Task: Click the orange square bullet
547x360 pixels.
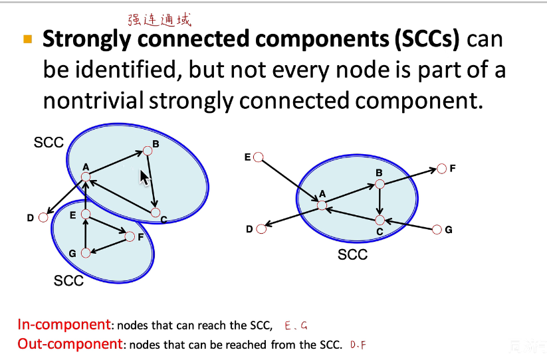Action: point(28,39)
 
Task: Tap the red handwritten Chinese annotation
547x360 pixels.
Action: point(160,21)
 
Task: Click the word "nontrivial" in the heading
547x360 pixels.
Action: point(93,100)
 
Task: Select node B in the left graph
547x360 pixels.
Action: point(148,151)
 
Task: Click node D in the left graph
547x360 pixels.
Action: point(44,217)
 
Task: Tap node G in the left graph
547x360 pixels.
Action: point(85,252)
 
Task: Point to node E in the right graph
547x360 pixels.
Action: point(259,157)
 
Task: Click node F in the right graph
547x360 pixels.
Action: point(441,169)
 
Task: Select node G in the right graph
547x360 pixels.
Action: point(437,230)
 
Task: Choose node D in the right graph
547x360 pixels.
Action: point(261,229)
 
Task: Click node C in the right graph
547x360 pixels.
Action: point(380,220)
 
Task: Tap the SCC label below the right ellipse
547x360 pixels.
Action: point(352,254)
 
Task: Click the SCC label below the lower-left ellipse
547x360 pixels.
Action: point(68,281)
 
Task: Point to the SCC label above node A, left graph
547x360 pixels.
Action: point(49,142)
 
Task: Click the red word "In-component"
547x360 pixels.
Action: point(64,325)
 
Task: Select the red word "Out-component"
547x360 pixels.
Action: point(70,344)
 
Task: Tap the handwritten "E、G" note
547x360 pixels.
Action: point(296,325)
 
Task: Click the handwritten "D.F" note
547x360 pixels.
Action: point(358,345)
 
